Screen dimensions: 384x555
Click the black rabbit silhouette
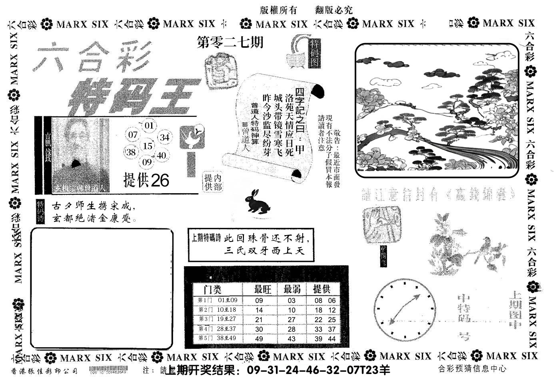[x=258, y=201]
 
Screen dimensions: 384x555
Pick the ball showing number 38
[x=131, y=152]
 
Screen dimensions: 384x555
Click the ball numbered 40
[x=161, y=155]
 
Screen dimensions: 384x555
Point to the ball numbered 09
[x=147, y=162]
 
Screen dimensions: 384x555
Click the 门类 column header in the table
[x=212, y=289]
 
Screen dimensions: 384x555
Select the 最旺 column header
[x=263, y=289]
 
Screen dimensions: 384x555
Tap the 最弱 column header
[x=292, y=289]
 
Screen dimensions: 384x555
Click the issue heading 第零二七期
[x=231, y=42]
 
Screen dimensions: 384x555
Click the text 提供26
[x=146, y=180]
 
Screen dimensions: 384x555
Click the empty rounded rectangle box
[x=102, y=288]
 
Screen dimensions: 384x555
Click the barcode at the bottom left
[x=108, y=370]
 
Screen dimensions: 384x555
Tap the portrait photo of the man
[x=80, y=155]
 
